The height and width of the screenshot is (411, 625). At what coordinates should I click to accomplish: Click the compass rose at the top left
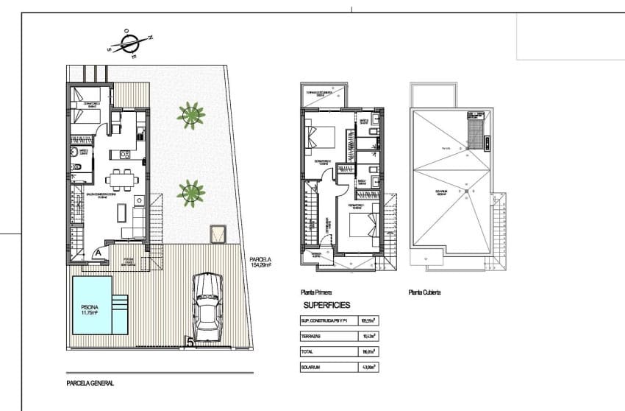pos(130,42)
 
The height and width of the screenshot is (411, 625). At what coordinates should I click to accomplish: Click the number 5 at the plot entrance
pos(190,342)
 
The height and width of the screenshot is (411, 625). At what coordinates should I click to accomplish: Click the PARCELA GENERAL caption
pos(90,383)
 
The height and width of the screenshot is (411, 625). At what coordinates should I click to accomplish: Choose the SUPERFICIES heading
pos(327,304)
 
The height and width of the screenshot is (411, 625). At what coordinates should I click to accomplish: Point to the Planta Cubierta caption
pos(424,292)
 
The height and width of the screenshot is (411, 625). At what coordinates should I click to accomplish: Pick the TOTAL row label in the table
pos(308,351)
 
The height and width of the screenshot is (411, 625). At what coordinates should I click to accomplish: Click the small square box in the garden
pos(218,234)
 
